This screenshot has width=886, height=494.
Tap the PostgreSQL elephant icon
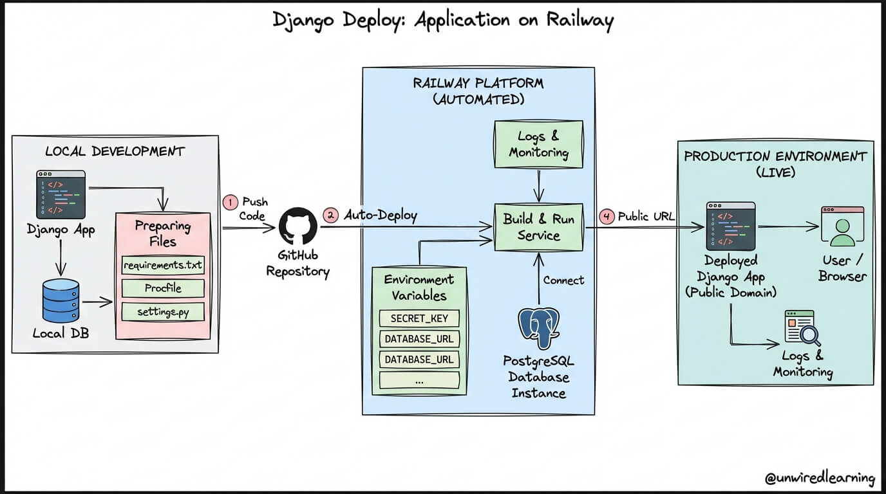tap(538, 328)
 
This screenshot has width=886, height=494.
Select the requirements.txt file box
tap(163, 265)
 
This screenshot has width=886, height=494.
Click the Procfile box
tap(163, 288)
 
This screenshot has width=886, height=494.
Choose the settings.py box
tap(163, 312)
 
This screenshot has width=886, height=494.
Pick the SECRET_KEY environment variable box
tap(419, 318)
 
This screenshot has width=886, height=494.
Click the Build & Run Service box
tap(538, 227)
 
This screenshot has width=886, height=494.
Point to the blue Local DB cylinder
tap(61, 300)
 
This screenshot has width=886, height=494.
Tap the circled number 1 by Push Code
tap(230, 202)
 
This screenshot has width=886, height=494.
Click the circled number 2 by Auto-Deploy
tap(330, 215)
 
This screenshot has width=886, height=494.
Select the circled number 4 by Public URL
tap(607, 217)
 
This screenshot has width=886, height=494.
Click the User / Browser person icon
tap(842, 227)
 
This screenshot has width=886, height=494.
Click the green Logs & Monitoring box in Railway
tap(538, 145)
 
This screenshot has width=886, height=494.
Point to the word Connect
tap(563, 280)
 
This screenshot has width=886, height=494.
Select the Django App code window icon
tap(61, 195)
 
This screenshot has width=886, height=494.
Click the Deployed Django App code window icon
tap(730, 226)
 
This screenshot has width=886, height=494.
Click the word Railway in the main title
tap(580, 20)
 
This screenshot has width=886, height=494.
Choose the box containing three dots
tap(419, 381)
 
